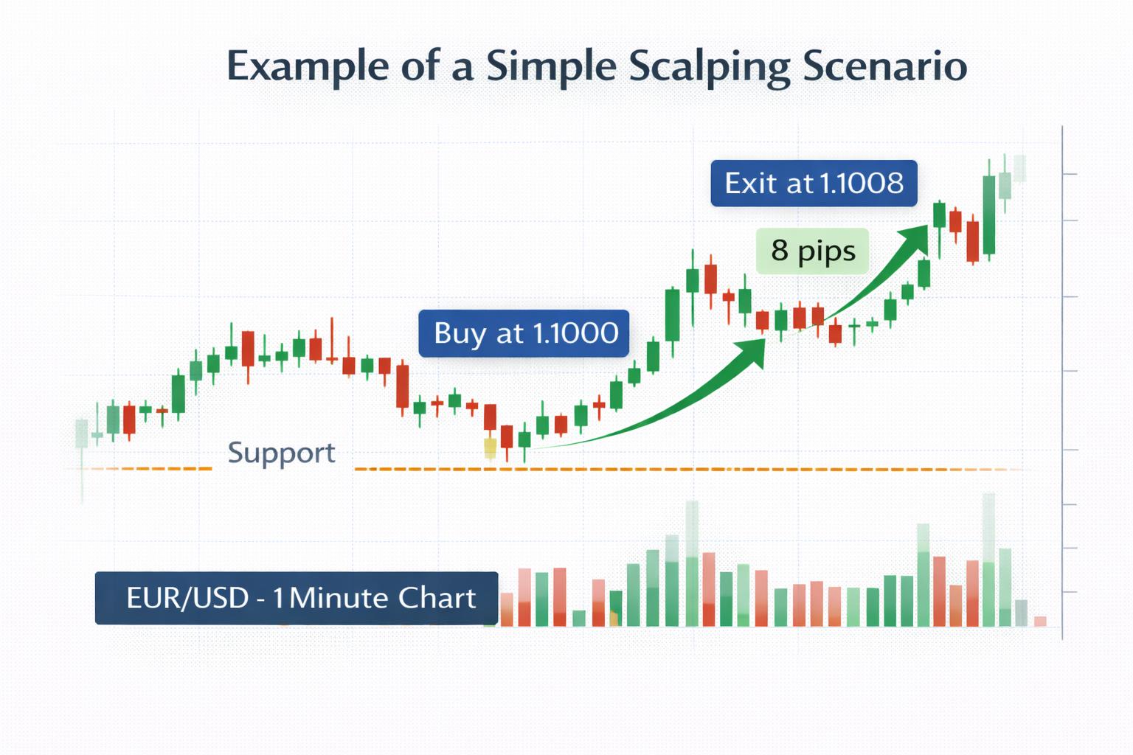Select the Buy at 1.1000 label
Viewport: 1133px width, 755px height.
[524, 333]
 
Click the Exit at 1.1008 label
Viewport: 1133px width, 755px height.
[814, 183]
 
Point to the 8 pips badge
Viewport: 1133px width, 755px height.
[812, 251]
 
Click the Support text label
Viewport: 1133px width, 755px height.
[281, 453]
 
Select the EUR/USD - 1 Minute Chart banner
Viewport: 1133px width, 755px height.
[297, 598]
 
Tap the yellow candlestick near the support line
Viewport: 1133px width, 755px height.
[490, 448]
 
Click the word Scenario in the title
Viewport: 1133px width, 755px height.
[885, 66]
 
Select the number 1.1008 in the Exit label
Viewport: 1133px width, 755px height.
[861, 183]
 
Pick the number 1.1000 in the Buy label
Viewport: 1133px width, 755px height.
[575, 333]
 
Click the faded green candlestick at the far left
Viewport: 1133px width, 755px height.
[81, 434]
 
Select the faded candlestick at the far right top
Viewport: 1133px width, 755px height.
[1019, 168]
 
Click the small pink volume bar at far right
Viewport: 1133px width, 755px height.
[1040, 622]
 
